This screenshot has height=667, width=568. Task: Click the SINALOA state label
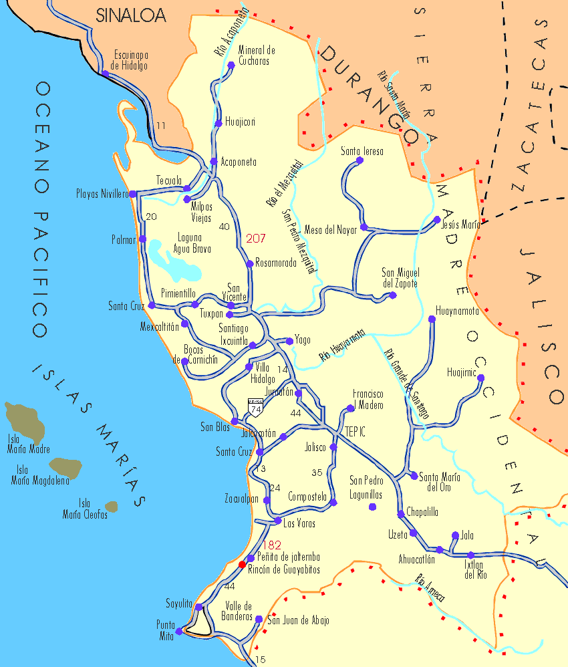pyautogui.click(x=131, y=15)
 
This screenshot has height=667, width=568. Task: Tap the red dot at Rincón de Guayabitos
pyautogui.click(x=242, y=565)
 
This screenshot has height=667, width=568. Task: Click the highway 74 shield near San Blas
pyautogui.click(x=255, y=407)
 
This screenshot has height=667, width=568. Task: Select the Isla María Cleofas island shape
pyautogui.click(x=111, y=507)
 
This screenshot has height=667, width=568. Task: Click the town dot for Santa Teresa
pyautogui.click(x=360, y=160)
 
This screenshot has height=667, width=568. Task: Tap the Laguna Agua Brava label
pyautogui.click(x=194, y=243)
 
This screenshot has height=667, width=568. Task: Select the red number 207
pyautogui.click(x=256, y=238)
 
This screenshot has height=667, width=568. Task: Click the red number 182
pyautogui.click(x=272, y=545)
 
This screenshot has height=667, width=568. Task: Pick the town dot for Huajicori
pyautogui.click(x=219, y=124)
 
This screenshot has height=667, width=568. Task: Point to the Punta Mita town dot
pyautogui.click(x=178, y=630)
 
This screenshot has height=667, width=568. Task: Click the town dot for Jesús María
pyautogui.click(x=437, y=219)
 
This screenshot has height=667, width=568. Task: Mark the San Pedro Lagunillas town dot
pyautogui.click(x=372, y=507)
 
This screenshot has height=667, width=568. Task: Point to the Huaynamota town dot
pyautogui.click(x=432, y=319)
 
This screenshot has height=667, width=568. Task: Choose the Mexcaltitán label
pyautogui.click(x=160, y=327)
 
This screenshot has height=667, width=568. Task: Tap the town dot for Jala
pyautogui.click(x=455, y=535)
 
